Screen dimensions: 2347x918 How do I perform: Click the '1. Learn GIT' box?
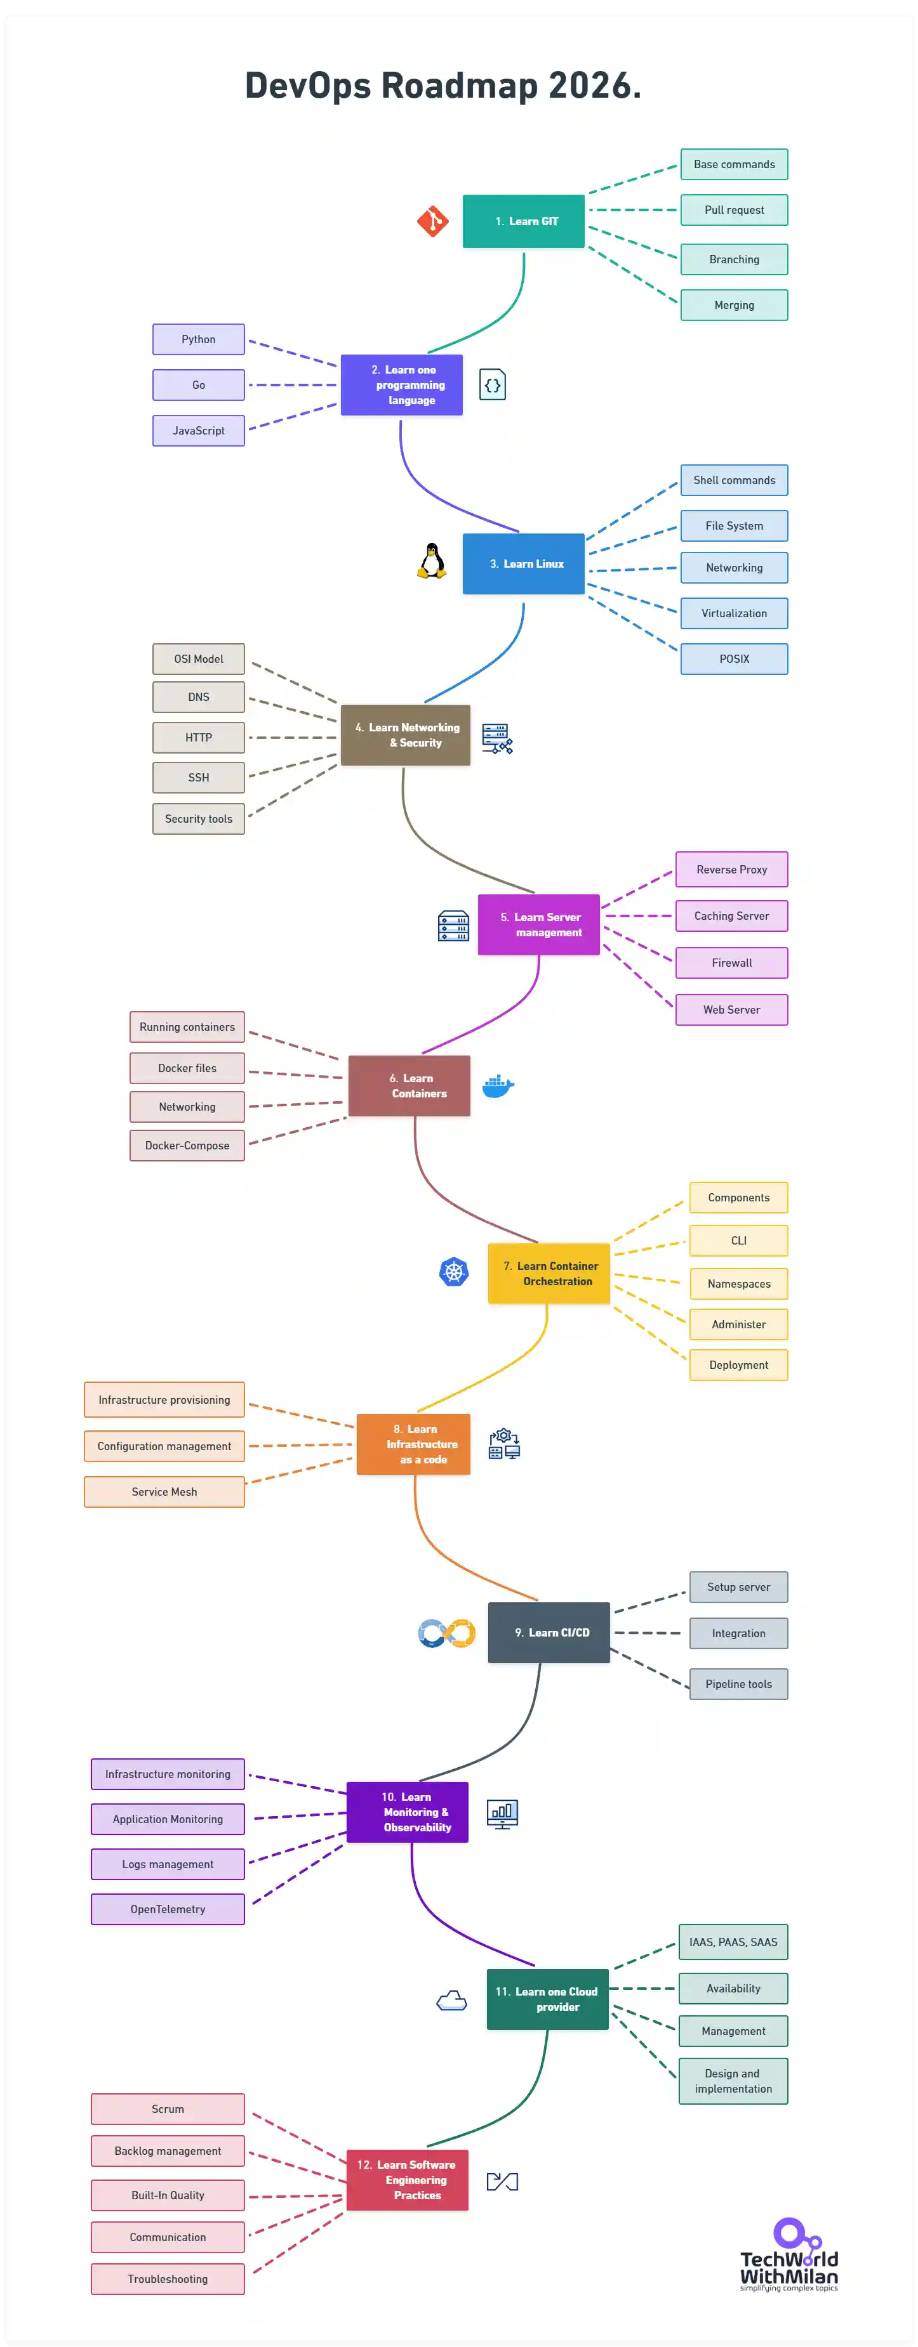(523, 221)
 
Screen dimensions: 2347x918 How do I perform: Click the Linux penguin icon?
(432, 561)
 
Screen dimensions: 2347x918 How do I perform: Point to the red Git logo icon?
(432, 221)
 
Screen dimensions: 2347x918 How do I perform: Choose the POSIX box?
(734, 658)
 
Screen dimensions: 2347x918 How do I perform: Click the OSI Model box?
(199, 658)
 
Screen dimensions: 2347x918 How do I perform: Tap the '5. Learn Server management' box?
(539, 925)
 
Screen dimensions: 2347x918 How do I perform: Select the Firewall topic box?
(731, 963)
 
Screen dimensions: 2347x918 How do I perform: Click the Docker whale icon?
(498, 1085)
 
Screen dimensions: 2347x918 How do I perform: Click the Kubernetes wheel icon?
(454, 1272)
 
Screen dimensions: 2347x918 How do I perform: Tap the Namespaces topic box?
(738, 1284)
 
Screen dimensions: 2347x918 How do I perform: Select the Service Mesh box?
(164, 1491)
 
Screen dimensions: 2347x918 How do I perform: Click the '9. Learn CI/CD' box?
(549, 1633)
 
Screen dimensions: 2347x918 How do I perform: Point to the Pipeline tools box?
(738, 1683)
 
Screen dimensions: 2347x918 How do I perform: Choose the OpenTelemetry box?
(168, 1909)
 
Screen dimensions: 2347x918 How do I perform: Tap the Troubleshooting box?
(168, 2278)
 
